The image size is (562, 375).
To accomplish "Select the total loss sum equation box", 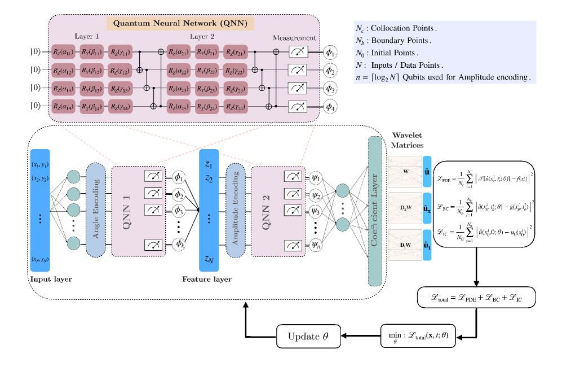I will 477,297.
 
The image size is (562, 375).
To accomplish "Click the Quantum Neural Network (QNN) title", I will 180,24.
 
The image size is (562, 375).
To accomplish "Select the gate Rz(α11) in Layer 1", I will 64,52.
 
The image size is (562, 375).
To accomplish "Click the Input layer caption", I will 50,278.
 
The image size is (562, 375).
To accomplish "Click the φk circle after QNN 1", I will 180,245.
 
